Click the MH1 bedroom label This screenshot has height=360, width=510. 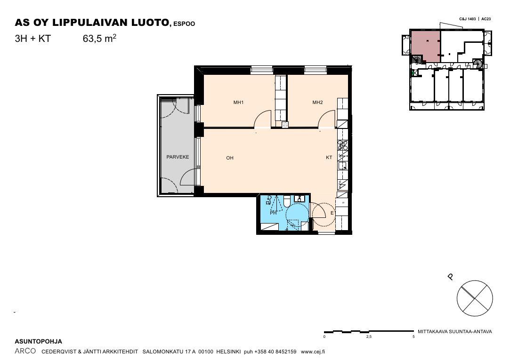(238, 102)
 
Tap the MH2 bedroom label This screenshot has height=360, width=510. (317, 102)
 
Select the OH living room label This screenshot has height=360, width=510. (230, 158)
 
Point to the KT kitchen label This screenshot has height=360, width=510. (329, 157)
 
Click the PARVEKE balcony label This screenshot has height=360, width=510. (178, 157)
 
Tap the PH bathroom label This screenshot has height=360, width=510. (273, 213)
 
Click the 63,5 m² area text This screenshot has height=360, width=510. (99, 38)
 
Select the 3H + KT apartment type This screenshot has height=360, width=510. (33, 39)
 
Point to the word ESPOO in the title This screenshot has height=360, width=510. (184, 24)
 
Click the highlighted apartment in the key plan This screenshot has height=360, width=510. (426, 46)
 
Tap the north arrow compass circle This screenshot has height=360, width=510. (475, 298)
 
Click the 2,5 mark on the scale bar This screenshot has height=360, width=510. (369, 336)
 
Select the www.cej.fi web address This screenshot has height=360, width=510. (313, 352)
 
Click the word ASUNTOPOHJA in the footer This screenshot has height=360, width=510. (39, 342)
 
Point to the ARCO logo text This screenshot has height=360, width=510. (25, 351)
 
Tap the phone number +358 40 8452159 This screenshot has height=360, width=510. (275, 352)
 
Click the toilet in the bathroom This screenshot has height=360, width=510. (287, 201)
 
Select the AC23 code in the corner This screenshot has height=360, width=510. (486, 19)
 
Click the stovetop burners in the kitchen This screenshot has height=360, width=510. (343, 145)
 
